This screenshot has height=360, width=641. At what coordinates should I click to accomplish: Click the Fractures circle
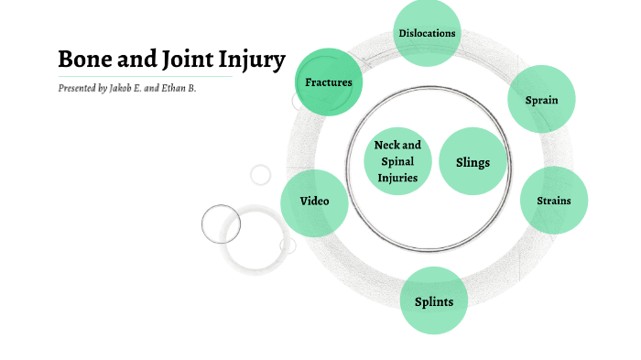[x=329, y=82]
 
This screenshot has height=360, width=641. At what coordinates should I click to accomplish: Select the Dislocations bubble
[x=427, y=34]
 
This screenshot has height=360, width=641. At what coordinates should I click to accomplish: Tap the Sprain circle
[x=542, y=99]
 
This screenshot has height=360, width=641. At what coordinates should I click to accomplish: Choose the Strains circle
[x=553, y=200]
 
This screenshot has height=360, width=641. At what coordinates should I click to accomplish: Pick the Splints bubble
[x=434, y=300]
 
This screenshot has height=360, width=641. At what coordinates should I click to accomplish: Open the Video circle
[x=314, y=202]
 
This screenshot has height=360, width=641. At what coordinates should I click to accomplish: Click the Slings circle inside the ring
[x=473, y=162]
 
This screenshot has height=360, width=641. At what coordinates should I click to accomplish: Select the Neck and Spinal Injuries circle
[x=397, y=161]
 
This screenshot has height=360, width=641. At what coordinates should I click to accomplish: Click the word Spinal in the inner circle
[x=397, y=161]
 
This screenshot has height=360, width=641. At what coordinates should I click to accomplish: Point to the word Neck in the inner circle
[x=386, y=145]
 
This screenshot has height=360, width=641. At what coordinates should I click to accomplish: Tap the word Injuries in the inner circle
[x=397, y=177]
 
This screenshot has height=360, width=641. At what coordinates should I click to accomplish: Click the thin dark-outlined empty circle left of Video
[x=221, y=224]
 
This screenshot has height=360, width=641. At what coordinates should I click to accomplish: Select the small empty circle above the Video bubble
[x=261, y=174]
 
